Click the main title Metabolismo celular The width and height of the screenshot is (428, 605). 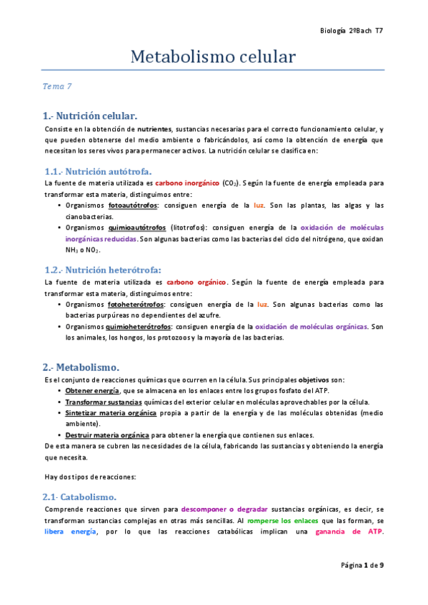[213, 57]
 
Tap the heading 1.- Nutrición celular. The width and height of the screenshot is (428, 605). [89, 115]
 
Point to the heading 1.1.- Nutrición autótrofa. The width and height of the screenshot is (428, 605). [97, 172]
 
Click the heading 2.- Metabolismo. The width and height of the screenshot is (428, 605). [81, 367]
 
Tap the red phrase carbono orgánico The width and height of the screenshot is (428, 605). [196, 282]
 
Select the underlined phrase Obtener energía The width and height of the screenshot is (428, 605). [92, 392]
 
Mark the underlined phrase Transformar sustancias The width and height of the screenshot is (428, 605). [100, 402]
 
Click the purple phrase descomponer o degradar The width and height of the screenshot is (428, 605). [225, 509]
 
